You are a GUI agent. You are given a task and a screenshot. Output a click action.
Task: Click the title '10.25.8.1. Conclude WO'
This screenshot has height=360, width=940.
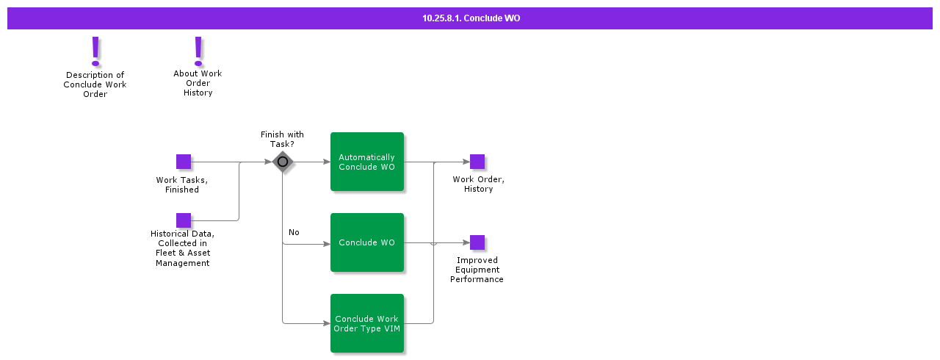tap(471, 18)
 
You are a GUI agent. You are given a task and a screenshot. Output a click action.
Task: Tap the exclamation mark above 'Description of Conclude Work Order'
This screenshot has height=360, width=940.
tap(95, 51)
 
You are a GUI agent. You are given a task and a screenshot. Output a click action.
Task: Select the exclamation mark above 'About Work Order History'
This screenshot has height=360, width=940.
tap(198, 51)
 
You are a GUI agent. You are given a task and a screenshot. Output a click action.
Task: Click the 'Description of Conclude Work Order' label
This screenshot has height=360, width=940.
tap(95, 84)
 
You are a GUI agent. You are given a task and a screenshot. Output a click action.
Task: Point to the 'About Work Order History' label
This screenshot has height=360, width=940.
tap(198, 83)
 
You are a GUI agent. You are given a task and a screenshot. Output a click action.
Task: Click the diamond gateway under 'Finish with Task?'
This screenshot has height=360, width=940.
tap(283, 162)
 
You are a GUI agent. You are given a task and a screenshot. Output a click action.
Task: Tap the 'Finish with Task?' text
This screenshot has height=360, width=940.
tap(282, 139)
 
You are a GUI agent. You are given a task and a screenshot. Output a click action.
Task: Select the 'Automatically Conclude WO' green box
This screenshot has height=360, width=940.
tap(367, 162)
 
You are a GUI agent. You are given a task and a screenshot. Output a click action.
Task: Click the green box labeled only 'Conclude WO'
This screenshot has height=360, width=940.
tap(367, 242)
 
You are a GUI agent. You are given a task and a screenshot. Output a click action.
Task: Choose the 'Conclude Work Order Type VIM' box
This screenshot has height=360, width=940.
tap(367, 323)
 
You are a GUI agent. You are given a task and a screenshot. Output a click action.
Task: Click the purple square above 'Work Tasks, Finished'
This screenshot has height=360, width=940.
tap(184, 162)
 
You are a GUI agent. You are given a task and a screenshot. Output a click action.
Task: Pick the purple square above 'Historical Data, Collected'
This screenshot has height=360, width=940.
tap(184, 220)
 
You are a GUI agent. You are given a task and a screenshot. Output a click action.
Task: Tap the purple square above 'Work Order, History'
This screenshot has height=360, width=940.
tap(477, 162)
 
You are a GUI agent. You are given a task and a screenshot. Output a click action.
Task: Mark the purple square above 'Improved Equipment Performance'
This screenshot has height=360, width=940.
tap(477, 242)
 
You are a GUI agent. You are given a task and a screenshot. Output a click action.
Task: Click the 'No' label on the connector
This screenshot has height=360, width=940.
tap(294, 232)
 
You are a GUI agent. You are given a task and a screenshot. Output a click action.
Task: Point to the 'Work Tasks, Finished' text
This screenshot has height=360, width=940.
tap(182, 184)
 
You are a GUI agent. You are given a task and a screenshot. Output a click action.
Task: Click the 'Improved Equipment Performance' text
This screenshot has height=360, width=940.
tap(477, 270)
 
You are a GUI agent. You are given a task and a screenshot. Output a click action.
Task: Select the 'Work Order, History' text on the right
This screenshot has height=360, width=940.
tap(478, 184)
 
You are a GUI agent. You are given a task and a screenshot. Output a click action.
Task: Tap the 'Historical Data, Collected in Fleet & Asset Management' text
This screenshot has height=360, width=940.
tap(182, 248)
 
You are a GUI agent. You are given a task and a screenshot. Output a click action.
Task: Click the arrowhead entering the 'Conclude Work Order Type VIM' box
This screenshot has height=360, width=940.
tap(327, 323)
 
